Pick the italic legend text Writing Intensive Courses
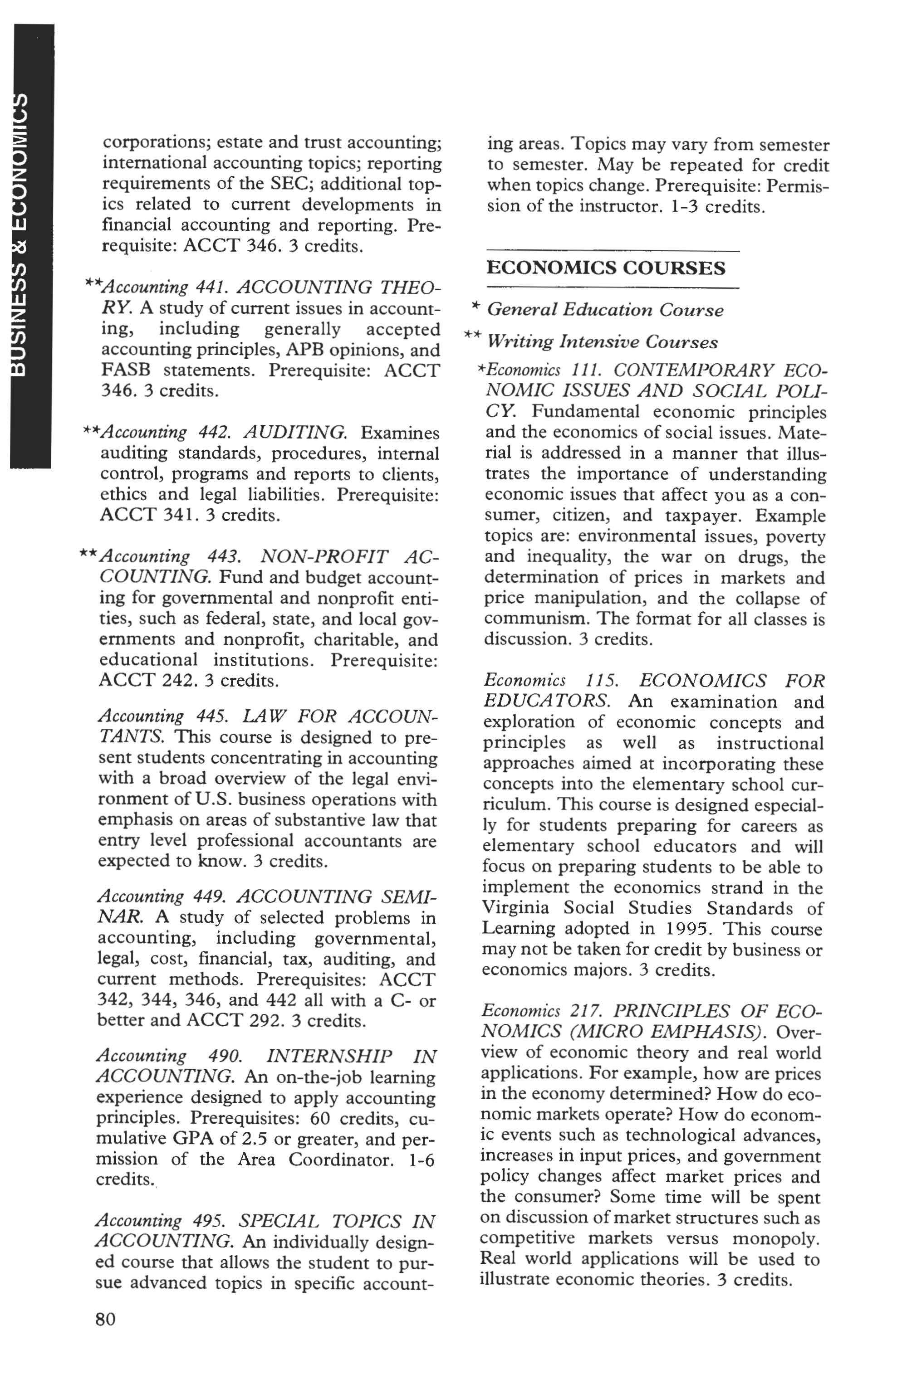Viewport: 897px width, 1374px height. (603, 342)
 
